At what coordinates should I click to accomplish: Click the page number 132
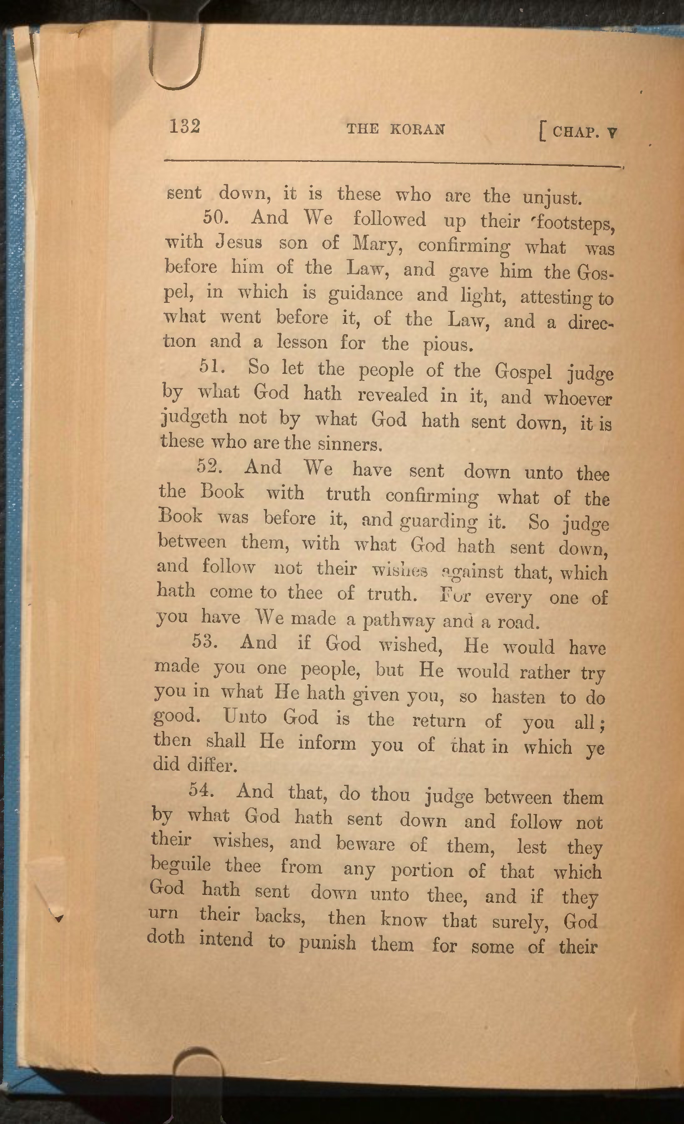[185, 126]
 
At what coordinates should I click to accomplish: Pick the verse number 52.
[209, 466]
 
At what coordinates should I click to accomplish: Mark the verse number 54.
[201, 790]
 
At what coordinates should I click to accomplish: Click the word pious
[446, 345]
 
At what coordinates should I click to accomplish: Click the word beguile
[181, 864]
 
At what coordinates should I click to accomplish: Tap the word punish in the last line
[327, 942]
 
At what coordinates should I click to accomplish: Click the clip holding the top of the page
[175, 55]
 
